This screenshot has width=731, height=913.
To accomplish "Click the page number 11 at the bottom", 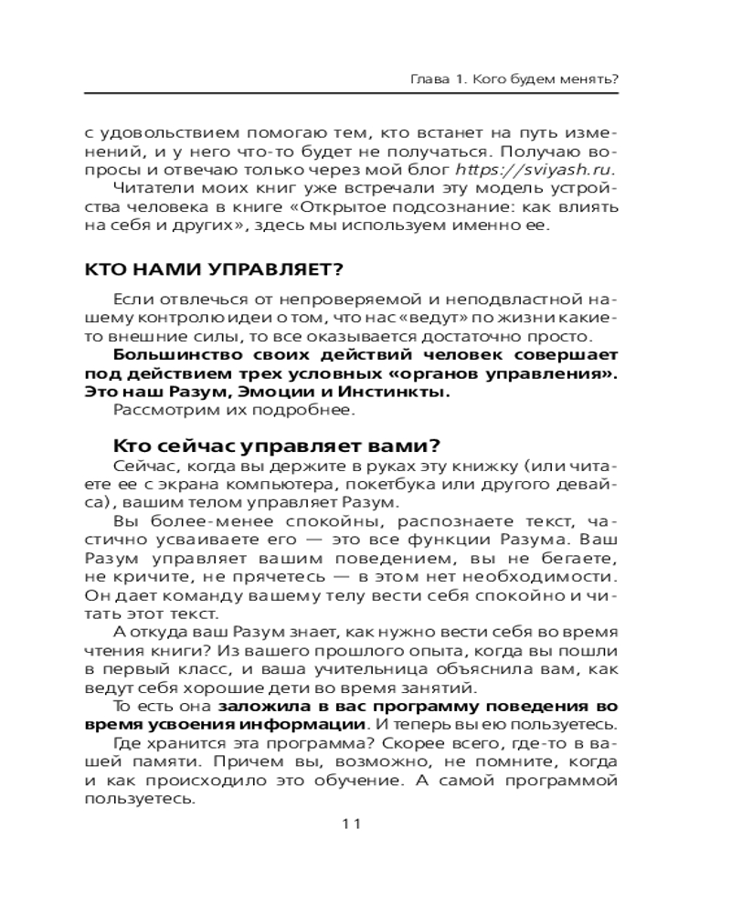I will pyautogui.click(x=352, y=824).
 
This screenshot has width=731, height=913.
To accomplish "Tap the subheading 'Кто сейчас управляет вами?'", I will pyautogui.click(x=277, y=446).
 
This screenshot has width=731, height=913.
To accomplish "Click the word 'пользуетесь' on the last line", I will pyautogui.click(x=140, y=799).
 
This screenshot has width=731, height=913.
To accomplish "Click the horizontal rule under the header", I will pyautogui.click(x=352, y=94).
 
